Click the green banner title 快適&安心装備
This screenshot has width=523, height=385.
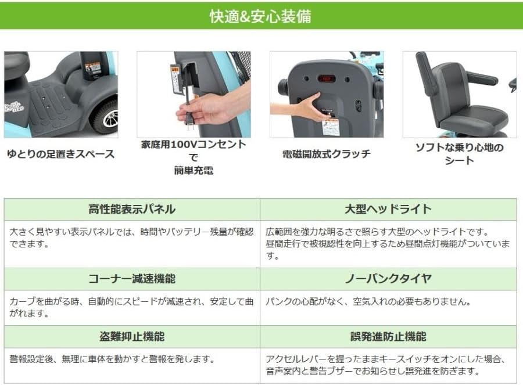tap(260, 16)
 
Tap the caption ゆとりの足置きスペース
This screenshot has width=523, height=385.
tap(60, 154)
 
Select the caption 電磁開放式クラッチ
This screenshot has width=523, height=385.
tap(326, 154)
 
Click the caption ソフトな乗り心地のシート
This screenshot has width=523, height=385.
tap(459, 154)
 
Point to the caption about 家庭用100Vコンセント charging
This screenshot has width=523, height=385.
tap(194, 157)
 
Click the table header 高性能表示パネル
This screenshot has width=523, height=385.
tap(132, 209)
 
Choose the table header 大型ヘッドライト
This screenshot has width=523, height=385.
tap(388, 209)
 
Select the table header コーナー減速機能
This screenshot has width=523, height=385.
tap(132, 279)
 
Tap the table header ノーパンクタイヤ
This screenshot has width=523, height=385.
tap(388, 279)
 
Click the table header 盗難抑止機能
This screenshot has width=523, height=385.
tap(132, 337)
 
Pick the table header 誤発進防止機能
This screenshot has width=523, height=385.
tap(388, 337)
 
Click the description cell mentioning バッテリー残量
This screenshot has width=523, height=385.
tap(132, 238)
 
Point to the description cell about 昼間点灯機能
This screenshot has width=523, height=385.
tap(388, 243)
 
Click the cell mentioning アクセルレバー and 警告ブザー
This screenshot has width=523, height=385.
tap(388, 365)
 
